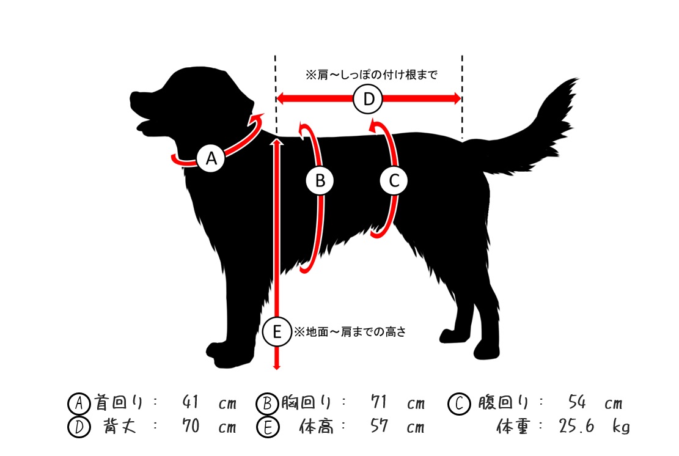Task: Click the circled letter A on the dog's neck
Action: pyautogui.click(x=211, y=158)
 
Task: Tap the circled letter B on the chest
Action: pyautogui.click(x=320, y=180)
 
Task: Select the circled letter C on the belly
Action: pyautogui.click(x=394, y=180)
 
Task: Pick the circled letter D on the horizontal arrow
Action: pyautogui.click(x=368, y=99)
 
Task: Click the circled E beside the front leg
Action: pyautogui.click(x=277, y=332)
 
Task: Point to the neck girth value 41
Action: pyautogui.click(x=191, y=402)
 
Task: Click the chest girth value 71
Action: pyautogui.click(x=378, y=402)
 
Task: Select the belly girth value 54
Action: pyautogui.click(x=577, y=402)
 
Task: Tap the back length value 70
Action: pyautogui.click(x=191, y=425)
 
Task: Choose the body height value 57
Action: pyautogui.click(x=378, y=425)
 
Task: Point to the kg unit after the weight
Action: pyautogui.click(x=621, y=427)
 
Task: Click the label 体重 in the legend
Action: pyautogui.click(x=513, y=426)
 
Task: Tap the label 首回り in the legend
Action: pyautogui.click(x=118, y=402)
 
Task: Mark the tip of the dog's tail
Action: pyautogui.click(x=578, y=79)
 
